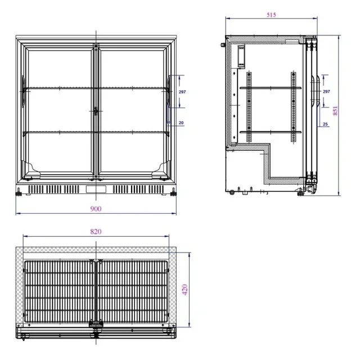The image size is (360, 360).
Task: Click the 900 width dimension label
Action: (x=96, y=209)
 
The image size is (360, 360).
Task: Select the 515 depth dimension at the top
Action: (x=272, y=15)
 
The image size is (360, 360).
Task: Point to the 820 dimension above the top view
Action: (x=96, y=232)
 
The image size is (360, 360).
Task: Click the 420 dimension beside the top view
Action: (x=184, y=290)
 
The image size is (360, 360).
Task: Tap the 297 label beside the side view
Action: (x=326, y=91)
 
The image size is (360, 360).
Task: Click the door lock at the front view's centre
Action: (x=96, y=111)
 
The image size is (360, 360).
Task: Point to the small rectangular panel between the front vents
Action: (x=96, y=189)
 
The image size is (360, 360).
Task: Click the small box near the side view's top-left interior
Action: (x=241, y=56)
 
